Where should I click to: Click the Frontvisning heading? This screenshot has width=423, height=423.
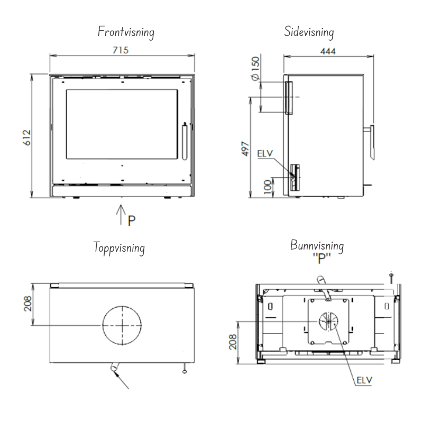click(125, 33)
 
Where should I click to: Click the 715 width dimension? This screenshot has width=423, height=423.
click(122, 50)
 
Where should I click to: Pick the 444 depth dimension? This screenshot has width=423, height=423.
click(330, 50)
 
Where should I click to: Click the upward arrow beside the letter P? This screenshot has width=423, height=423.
click(121, 215)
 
